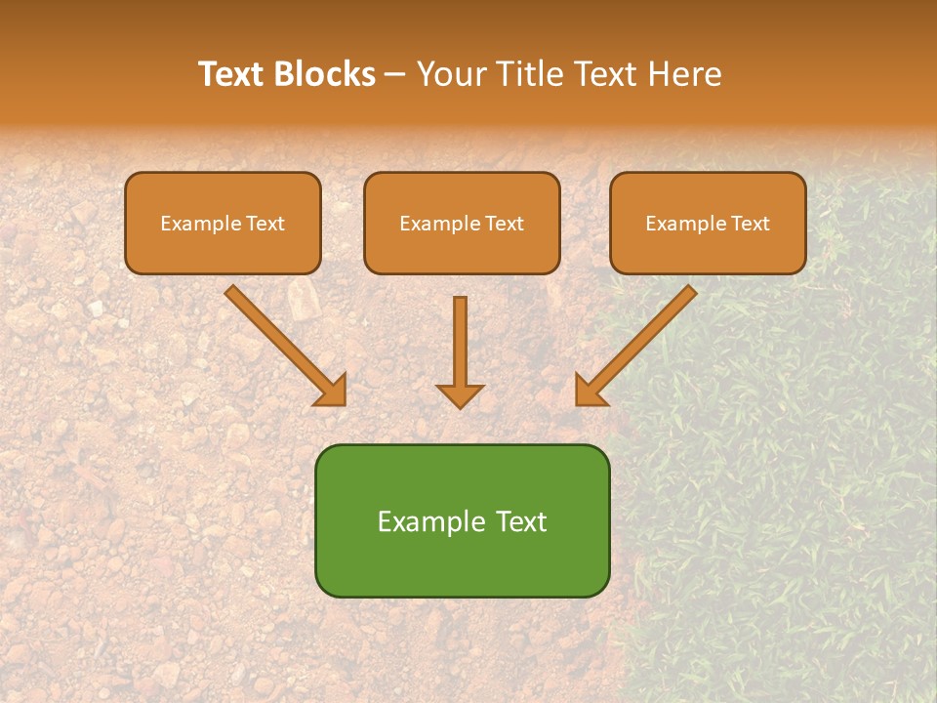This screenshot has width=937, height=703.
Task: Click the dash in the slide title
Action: pos(395,75)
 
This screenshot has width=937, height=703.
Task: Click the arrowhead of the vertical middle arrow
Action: pos(460,394)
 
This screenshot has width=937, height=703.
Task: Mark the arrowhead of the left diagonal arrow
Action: pos(333,391)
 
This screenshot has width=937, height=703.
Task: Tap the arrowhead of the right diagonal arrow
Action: pos(589,391)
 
